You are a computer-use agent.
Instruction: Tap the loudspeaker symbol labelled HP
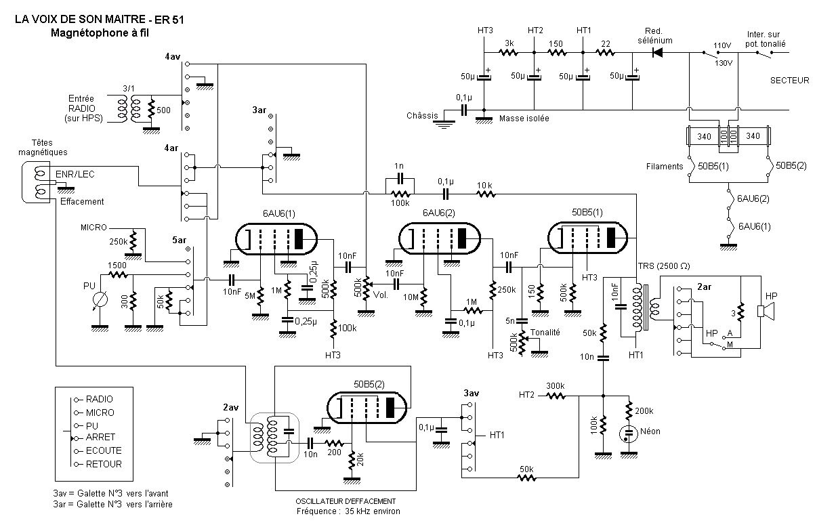[x=766, y=312]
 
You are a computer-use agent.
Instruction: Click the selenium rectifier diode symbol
[x=657, y=53]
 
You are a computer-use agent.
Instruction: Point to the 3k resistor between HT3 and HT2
[x=509, y=53]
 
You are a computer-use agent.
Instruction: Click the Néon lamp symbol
[x=629, y=433]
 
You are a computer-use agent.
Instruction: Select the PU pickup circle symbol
[x=100, y=299]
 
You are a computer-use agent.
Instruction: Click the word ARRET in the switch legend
[x=100, y=437]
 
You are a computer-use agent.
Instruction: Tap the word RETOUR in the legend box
[x=104, y=464]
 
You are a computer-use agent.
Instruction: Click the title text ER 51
[x=169, y=20]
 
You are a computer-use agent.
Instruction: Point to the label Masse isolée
[x=524, y=119]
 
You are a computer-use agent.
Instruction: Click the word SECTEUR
[x=789, y=81]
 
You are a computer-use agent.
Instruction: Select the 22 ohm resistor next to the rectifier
[x=605, y=53]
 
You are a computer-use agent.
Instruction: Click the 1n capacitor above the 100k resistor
[x=400, y=179]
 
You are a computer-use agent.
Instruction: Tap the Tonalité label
[x=545, y=332]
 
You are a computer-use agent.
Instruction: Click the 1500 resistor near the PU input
[x=118, y=275]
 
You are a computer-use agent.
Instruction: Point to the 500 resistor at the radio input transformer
[x=151, y=110]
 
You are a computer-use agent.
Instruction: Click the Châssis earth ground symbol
[x=444, y=125]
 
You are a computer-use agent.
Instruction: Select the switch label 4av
[x=173, y=56]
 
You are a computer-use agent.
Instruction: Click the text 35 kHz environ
[x=373, y=511]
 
